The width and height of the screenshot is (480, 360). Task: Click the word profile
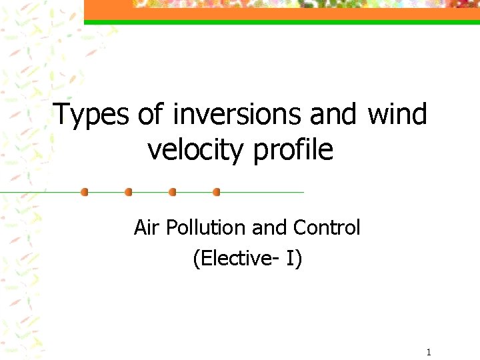293,151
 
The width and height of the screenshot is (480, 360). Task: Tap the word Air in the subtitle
147,228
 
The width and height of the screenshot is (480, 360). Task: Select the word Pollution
207,228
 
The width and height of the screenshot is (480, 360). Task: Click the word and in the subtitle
269,228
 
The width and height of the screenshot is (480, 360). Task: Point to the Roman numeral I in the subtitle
294,258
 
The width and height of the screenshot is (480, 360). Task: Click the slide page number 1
429,351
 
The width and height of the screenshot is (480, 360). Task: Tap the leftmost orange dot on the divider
84,192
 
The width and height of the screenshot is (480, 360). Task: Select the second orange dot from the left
129,192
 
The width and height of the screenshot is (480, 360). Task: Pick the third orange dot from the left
173,192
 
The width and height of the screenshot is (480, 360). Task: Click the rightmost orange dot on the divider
216,192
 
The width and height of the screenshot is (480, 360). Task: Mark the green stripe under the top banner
280,22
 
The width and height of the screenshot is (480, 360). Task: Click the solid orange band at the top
280,13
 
